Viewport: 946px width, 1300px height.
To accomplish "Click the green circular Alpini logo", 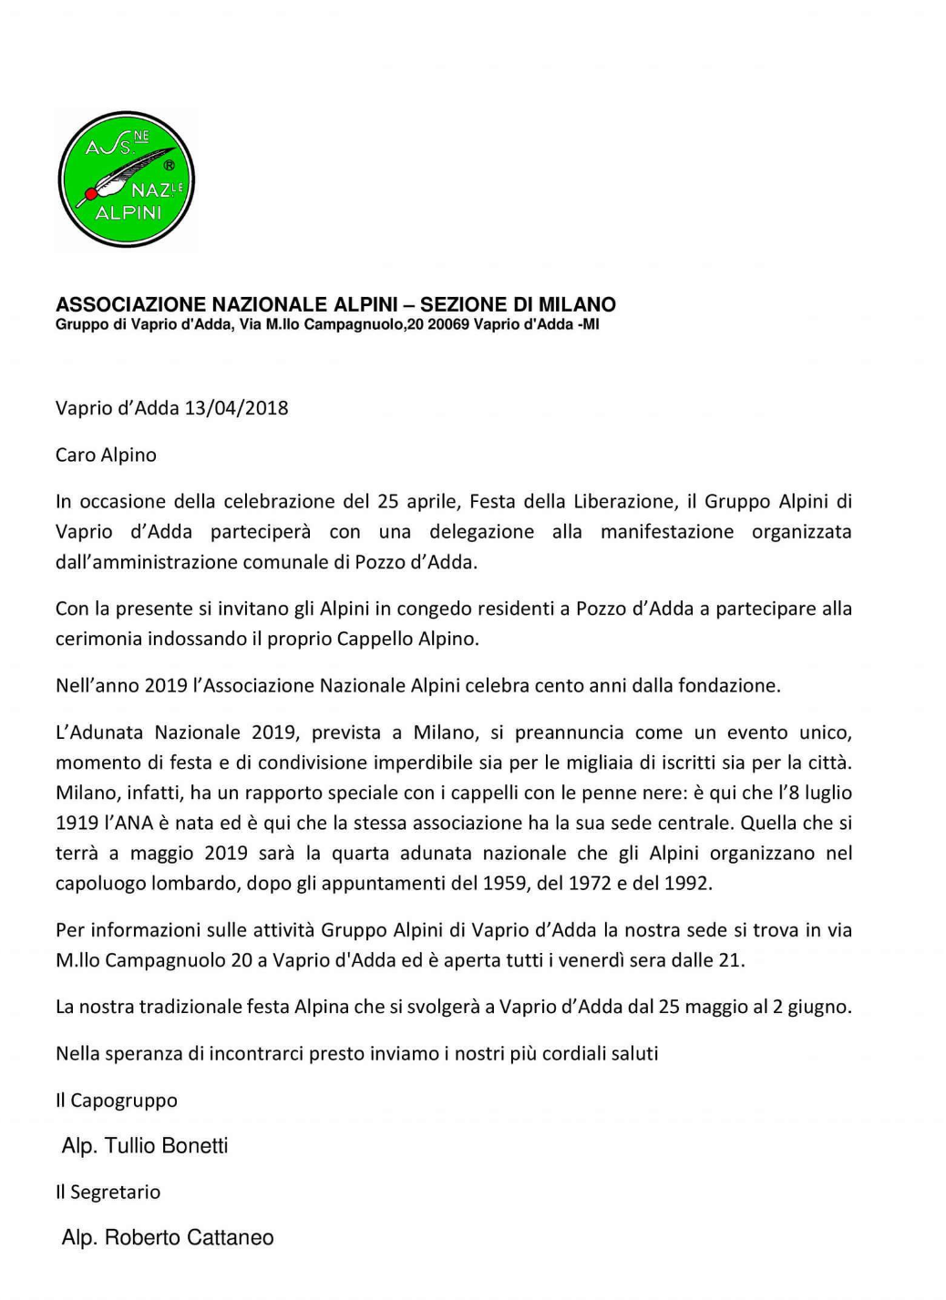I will coord(126,180).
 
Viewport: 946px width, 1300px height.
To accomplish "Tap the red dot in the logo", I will coord(91,193).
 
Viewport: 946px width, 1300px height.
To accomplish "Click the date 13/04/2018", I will coord(236,407).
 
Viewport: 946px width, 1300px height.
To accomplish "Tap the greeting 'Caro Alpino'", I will coord(106,455).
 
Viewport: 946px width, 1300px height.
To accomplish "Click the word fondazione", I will coord(729,685).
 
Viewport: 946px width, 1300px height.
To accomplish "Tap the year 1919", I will coord(77,823).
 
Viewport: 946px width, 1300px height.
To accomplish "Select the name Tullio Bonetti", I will coord(166,1145).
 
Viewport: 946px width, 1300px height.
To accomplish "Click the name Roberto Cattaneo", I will coord(189,1237).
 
